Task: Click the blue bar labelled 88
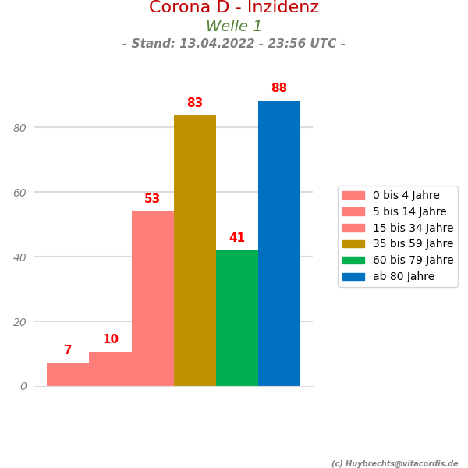[279, 243]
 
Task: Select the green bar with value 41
[237, 318]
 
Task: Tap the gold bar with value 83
[195, 250]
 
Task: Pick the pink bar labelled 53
[153, 299]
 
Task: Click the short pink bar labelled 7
[68, 374]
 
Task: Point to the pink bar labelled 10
[111, 369]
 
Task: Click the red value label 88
[279, 88]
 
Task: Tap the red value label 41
[237, 238]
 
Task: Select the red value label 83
[195, 103]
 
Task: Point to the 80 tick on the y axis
[19, 128]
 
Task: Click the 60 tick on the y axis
[19, 193]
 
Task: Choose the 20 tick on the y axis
[19, 322]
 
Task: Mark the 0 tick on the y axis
[23, 386]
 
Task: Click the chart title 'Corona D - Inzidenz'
[234, 8]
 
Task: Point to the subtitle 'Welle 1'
[234, 27]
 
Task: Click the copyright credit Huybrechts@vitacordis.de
[395, 464]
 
